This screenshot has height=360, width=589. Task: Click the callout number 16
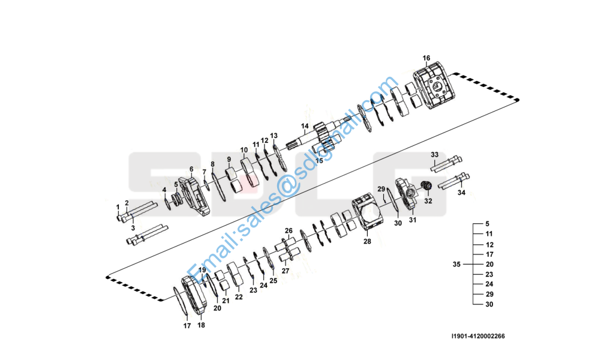click(x=426, y=58)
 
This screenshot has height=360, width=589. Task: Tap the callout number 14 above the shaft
click(x=305, y=126)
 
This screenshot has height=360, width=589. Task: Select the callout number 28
click(x=367, y=241)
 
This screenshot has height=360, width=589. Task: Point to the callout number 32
click(x=428, y=202)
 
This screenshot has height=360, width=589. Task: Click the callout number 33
click(x=434, y=154)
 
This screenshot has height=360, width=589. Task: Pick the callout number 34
click(x=461, y=193)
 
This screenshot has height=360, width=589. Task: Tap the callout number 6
click(x=191, y=169)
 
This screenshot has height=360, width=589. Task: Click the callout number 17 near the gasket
click(x=187, y=326)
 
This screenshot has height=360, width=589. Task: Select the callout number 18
click(x=201, y=325)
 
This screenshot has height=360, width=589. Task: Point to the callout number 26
click(x=289, y=230)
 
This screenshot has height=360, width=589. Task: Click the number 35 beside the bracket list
click(x=456, y=264)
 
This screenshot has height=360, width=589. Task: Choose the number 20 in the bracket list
click(x=489, y=264)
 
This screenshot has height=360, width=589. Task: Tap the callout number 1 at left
click(x=118, y=207)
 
